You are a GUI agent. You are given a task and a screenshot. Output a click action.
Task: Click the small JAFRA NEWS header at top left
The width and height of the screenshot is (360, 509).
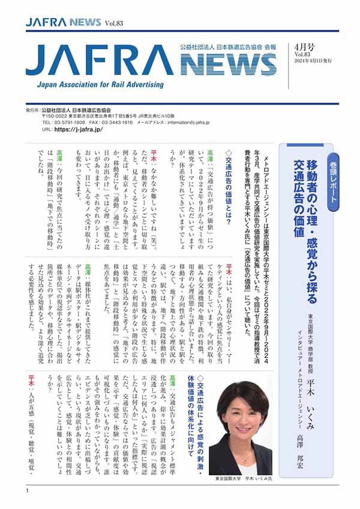click(63, 22)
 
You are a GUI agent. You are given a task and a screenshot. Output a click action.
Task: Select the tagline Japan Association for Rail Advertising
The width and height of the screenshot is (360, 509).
click(97, 85)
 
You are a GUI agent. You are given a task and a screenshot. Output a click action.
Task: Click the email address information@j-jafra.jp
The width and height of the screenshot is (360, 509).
click(179, 122)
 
